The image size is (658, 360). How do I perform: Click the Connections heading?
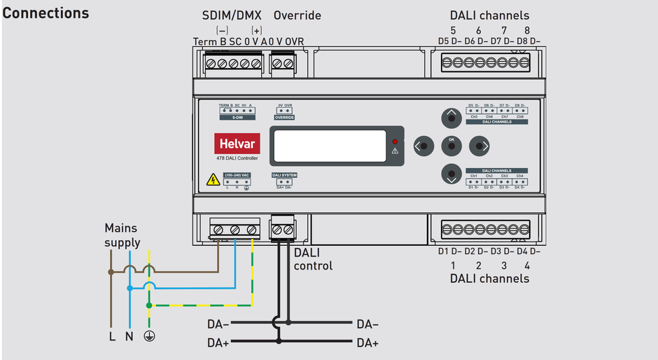pos(46,13)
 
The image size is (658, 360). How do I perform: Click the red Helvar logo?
pos(237,144)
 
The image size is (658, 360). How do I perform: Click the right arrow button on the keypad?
pos(480,146)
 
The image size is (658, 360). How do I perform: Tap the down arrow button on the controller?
pos(451,174)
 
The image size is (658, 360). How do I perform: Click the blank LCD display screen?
pos(330,145)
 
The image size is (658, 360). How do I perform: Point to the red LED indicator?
pos(395,141)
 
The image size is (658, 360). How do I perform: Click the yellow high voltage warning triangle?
pos(213,180)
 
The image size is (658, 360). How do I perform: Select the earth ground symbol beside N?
pos(148,336)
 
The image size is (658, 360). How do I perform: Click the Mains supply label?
pos(122,235)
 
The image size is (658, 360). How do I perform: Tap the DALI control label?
pos(313,258)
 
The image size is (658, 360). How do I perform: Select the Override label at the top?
pos(297,15)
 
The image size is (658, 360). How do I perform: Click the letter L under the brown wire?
pos(111,336)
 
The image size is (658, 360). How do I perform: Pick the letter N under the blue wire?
pos(129,336)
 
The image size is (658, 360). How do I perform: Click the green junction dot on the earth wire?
pos(148,305)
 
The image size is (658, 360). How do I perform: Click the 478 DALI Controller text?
pos(237,159)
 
